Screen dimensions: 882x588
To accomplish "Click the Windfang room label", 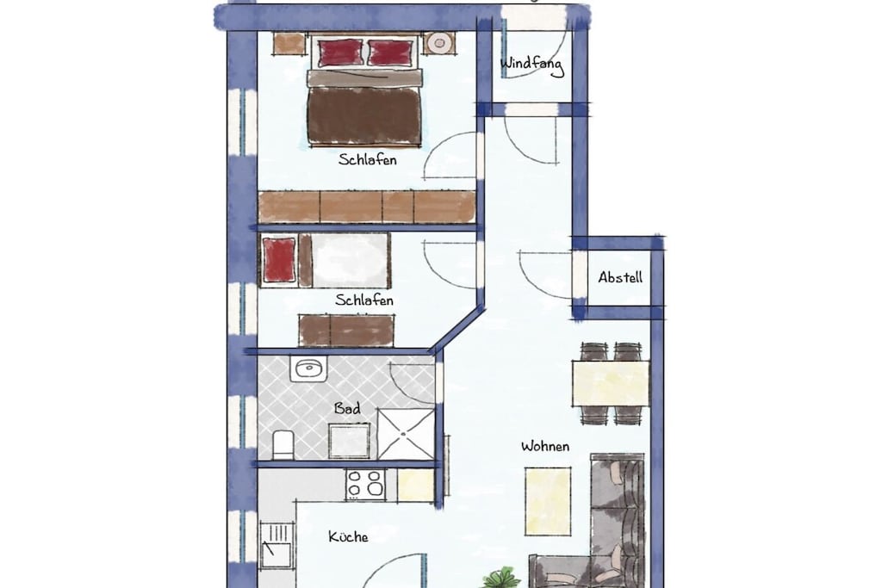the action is coord(531,65).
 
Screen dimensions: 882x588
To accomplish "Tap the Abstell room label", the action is coord(620,277).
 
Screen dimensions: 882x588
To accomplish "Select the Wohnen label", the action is coord(545,446).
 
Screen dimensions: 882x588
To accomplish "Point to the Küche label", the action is coord(348,537).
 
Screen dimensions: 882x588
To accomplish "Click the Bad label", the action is coord(347,408).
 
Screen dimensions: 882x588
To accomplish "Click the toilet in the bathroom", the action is coord(283,444).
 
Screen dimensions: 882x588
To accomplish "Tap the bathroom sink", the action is coord(308,368).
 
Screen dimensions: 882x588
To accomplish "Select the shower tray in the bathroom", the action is coord(406,434).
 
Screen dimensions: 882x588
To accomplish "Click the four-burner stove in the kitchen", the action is coord(365,485).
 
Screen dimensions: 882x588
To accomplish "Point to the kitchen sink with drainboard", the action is coord(276,547).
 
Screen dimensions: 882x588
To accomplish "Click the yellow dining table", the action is coord(611,383).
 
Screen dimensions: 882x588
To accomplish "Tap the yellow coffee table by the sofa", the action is coord(547,501).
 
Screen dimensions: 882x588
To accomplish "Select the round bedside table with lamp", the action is coord(439,43).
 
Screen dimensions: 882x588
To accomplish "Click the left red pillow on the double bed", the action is coord(339,53).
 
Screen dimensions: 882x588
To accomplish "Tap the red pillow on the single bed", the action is coord(279,259).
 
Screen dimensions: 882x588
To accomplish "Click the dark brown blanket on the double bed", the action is coord(364,116).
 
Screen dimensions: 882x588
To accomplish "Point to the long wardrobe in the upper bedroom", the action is coord(367,207).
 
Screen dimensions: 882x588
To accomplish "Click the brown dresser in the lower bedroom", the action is coord(346,331).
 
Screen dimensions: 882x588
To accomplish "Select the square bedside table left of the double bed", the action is coord(289,43).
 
